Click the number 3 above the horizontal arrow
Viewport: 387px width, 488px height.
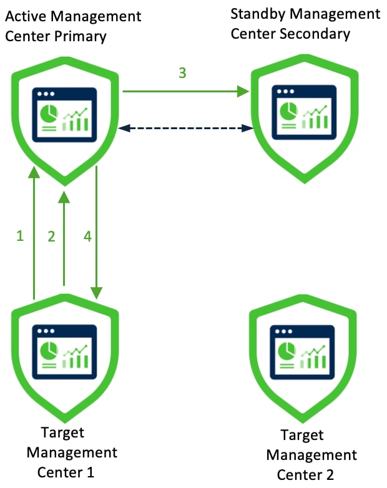(x=182, y=73)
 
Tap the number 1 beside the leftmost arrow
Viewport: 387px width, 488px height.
(x=20, y=236)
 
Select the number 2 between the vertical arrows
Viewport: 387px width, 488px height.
(x=52, y=236)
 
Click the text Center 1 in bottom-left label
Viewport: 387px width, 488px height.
(x=66, y=472)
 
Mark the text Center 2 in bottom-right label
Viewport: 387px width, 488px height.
(x=305, y=475)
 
